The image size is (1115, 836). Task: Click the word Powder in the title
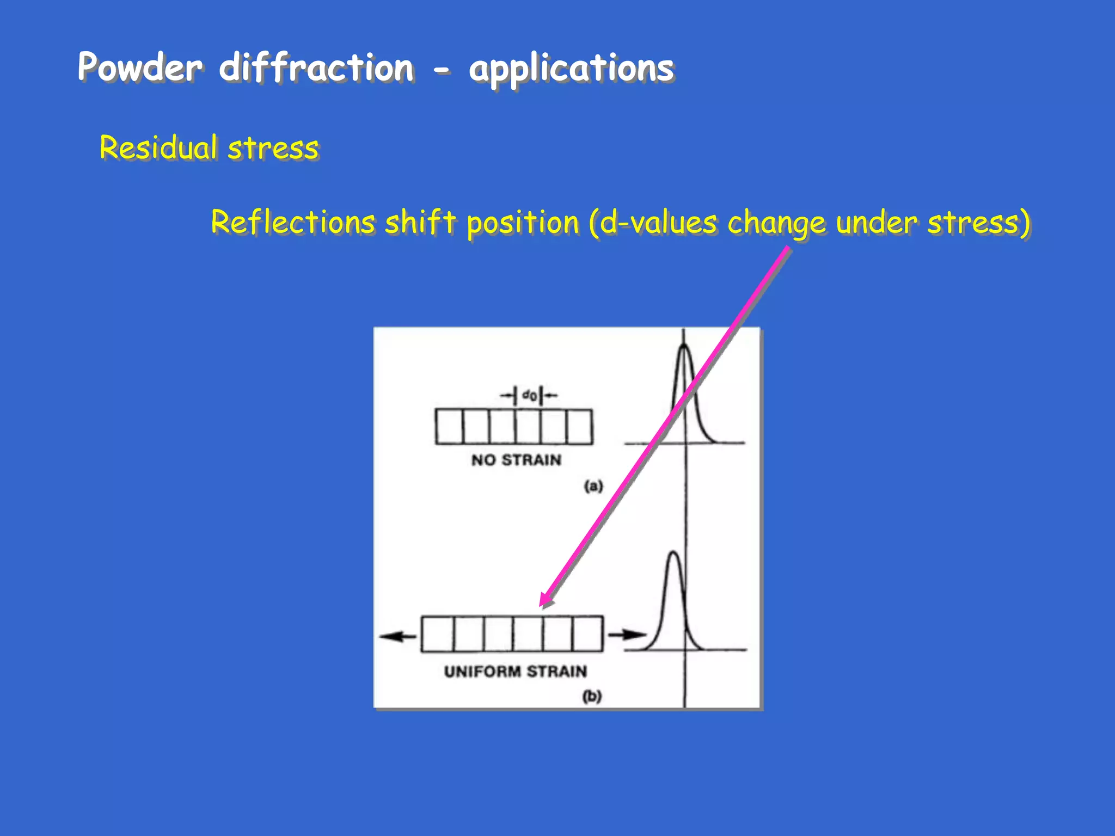click(140, 67)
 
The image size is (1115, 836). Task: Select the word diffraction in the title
click(316, 67)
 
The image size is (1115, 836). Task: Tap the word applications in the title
click(571, 69)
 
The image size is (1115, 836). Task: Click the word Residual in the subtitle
click(158, 147)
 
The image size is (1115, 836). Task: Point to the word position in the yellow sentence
click(523, 223)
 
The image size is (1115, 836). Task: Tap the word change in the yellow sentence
click(776, 224)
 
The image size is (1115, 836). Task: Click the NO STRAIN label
click(516, 460)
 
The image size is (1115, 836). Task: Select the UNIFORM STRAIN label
click(515, 672)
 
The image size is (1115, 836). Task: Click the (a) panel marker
click(593, 485)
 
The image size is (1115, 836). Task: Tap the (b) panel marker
click(592, 696)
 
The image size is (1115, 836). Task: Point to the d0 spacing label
click(529, 395)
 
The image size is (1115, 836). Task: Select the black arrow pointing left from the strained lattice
click(397, 636)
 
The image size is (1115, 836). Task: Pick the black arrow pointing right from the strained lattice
click(626, 635)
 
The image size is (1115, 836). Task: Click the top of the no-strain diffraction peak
click(684, 347)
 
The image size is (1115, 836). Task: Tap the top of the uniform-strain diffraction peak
click(674, 553)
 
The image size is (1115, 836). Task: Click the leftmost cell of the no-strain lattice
click(449, 427)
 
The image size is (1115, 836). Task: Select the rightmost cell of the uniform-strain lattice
click(587, 634)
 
